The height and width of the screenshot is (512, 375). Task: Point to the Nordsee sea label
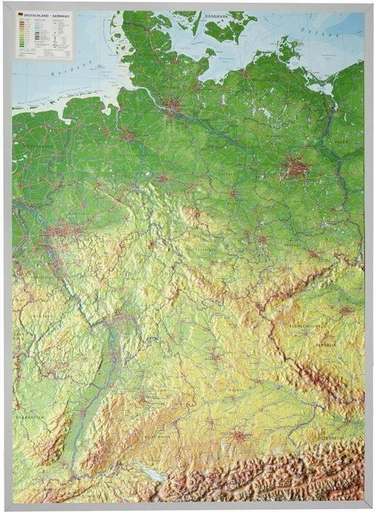(x=62, y=72)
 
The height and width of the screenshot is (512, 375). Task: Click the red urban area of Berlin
(x=297, y=169)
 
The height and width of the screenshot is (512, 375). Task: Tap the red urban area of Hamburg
(x=173, y=107)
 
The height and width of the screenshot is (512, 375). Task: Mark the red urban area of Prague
(x=346, y=311)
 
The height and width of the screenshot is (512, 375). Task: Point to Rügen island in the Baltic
(x=288, y=50)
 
